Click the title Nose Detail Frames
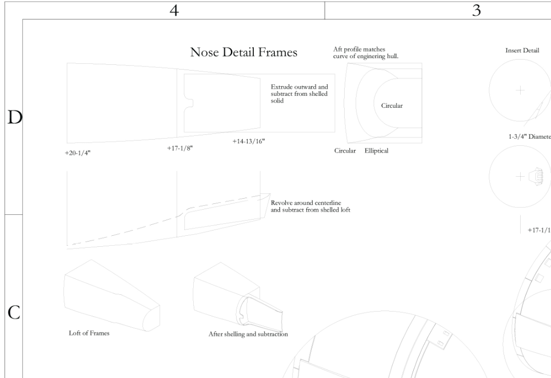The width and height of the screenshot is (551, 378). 244,52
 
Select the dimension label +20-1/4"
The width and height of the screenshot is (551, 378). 75,154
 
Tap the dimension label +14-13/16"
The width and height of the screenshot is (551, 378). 249,141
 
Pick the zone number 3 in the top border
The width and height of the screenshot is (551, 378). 476,10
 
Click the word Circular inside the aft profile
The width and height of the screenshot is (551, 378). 389,106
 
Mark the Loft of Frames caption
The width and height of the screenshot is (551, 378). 89,333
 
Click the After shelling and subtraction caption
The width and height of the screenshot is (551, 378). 248,334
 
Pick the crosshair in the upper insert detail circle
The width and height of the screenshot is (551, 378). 520,89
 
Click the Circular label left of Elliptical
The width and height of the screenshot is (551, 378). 345,151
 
